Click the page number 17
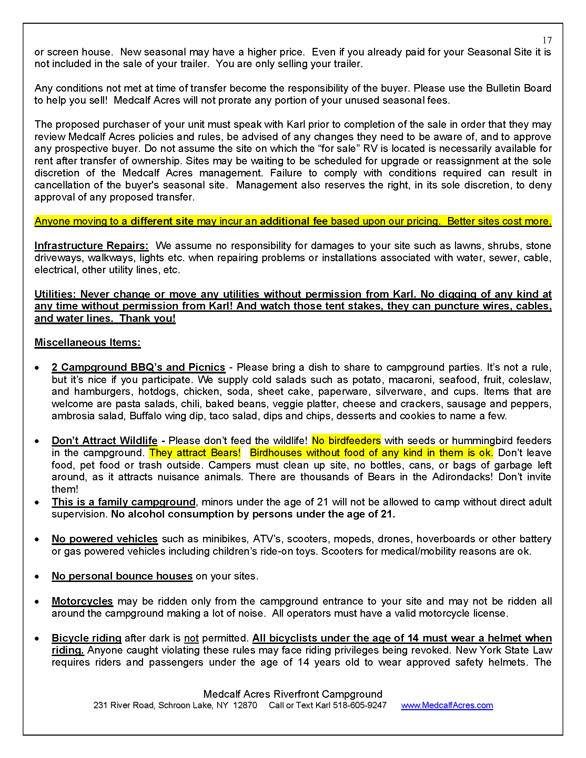(x=547, y=40)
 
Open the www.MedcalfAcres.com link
(x=447, y=705)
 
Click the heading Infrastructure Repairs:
(x=91, y=246)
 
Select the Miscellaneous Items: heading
(x=88, y=342)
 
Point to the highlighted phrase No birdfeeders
(x=346, y=440)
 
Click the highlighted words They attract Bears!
(x=195, y=453)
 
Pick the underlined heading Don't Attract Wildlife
(x=104, y=440)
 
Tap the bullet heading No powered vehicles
(x=104, y=539)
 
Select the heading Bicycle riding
(x=87, y=638)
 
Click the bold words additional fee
(x=294, y=221)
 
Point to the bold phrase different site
(x=162, y=221)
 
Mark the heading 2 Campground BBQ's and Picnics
(x=138, y=367)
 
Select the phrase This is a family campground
(x=124, y=502)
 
